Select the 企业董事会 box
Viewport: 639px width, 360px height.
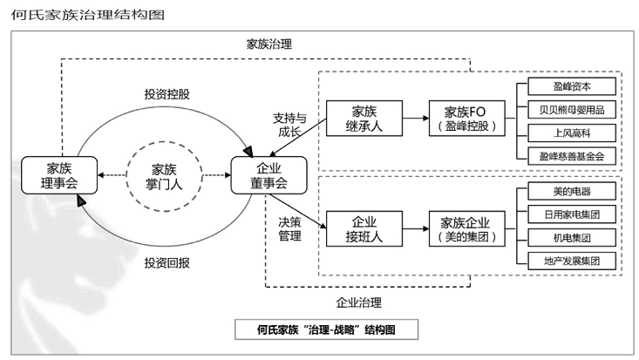(269, 174)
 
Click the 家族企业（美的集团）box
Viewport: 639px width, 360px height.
(470, 229)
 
